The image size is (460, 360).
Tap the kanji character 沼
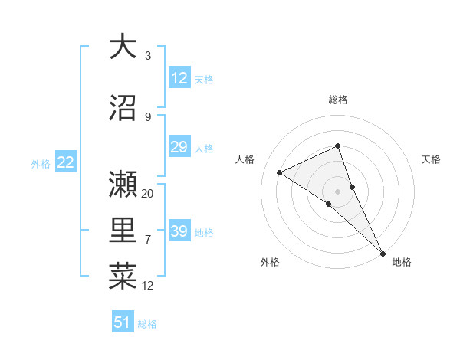123,107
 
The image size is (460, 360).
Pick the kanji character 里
123,229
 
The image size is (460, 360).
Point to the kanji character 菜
123,276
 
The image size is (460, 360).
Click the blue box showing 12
179,78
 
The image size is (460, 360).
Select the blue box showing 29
179,147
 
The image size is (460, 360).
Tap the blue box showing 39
179,231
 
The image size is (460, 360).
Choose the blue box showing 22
65,162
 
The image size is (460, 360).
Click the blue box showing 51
123,322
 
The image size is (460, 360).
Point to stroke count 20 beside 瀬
148,193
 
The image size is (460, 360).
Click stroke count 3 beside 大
148,55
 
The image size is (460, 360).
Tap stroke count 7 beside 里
148,240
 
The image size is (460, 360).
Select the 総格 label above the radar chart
338,100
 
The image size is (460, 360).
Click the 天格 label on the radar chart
431,159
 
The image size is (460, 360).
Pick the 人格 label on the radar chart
245,159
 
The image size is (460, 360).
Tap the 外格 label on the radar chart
270,262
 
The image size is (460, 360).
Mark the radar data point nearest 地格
383,253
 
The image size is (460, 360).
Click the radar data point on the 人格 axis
280,172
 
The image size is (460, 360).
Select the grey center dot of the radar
338,191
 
